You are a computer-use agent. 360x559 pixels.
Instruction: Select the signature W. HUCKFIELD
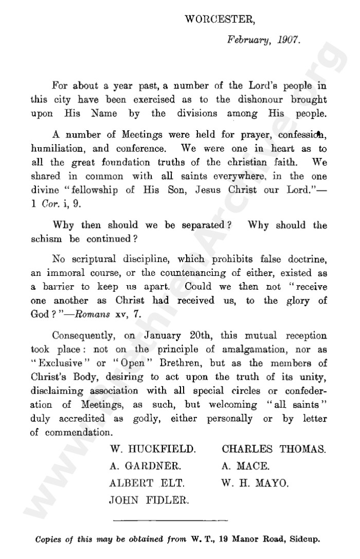coord(153,449)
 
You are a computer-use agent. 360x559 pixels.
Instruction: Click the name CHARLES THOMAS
coord(274,449)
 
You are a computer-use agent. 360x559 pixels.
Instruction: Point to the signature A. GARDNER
coord(146,466)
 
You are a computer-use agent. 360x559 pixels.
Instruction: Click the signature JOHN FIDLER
coord(149,499)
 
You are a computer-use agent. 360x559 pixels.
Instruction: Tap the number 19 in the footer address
coord(225,540)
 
